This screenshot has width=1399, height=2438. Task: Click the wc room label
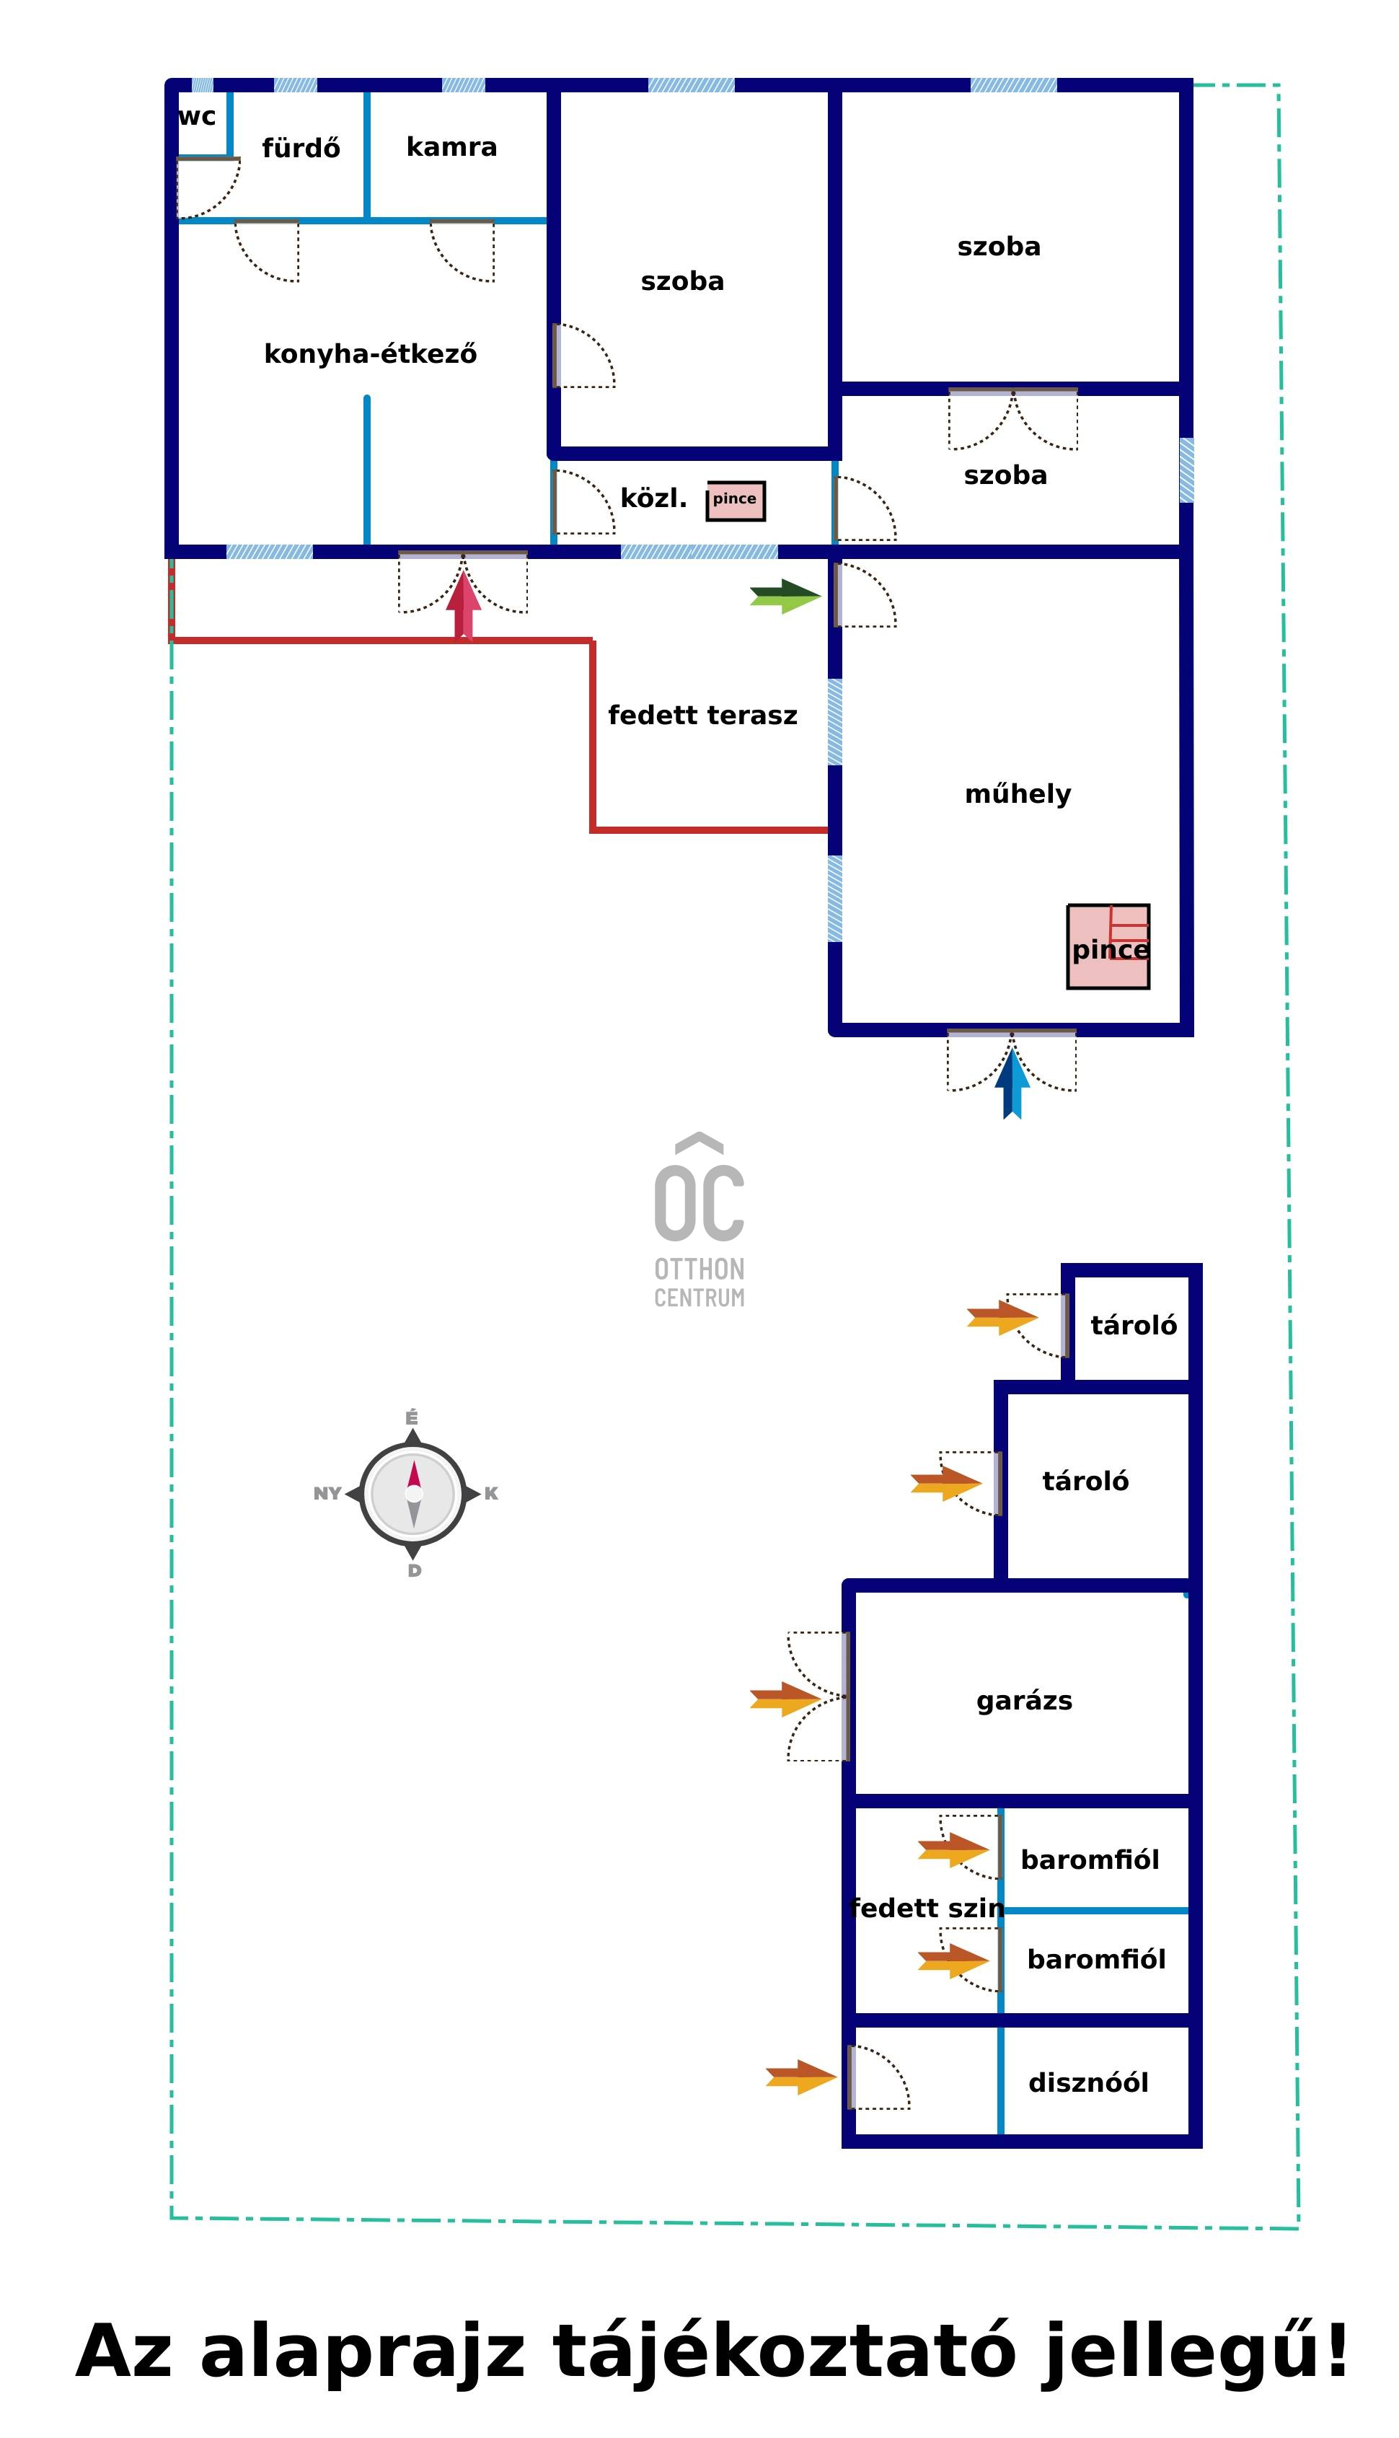tap(197, 118)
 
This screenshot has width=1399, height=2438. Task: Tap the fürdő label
tap(301, 148)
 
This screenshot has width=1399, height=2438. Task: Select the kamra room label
tap(451, 147)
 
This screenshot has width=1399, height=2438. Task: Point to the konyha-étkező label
tap(370, 353)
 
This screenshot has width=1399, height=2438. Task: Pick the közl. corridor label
tap(653, 498)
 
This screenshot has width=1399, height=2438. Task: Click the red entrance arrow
tap(463, 605)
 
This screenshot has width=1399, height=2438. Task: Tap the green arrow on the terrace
tap(786, 597)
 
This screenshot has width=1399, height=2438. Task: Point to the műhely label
tap(1018, 793)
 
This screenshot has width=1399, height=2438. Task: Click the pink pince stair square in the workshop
tap(1108, 946)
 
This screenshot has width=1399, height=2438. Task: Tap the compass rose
tap(413, 1495)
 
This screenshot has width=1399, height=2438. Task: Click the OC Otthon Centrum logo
tap(699, 1220)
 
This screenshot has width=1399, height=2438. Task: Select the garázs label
tap(1024, 1701)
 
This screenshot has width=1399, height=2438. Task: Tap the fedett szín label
tap(927, 1908)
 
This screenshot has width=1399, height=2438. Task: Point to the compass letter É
tap(411, 1417)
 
